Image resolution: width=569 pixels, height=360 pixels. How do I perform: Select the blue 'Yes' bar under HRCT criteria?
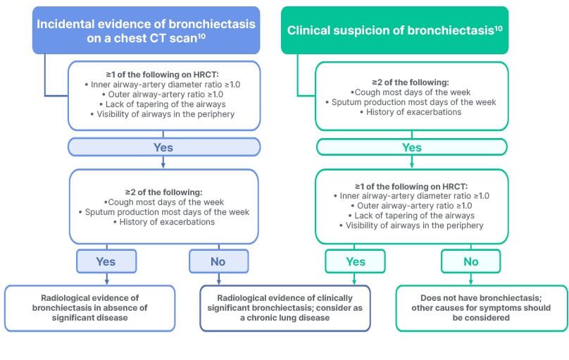pyautogui.click(x=163, y=147)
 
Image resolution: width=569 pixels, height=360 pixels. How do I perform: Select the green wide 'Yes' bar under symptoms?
pyautogui.click(x=411, y=147)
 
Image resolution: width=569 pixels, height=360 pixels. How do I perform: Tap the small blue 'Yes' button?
pyautogui.click(x=106, y=261)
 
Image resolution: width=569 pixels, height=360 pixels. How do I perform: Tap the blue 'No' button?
pyautogui.click(x=218, y=261)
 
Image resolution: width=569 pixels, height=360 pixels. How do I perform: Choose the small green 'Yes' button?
pyautogui.click(x=356, y=261)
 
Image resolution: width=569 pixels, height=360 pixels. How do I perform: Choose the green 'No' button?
pyautogui.click(x=470, y=261)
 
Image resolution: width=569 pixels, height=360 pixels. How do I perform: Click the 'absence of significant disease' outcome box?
pyautogui.click(x=89, y=308)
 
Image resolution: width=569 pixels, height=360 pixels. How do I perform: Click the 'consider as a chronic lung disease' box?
pyautogui.click(x=285, y=308)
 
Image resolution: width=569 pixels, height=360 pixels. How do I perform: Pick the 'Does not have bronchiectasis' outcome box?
pyautogui.click(x=481, y=308)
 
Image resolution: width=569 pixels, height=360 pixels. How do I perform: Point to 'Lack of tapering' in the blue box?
pyautogui.click(x=163, y=104)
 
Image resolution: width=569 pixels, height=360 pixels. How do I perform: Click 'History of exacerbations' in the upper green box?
pyautogui.click(x=411, y=112)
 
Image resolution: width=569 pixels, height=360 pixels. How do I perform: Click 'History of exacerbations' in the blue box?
pyautogui.click(x=163, y=222)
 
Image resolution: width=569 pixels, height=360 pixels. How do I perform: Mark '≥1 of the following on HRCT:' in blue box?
pyautogui.click(x=163, y=74)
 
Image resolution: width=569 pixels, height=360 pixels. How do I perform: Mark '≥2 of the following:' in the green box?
pyautogui.click(x=411, y=82)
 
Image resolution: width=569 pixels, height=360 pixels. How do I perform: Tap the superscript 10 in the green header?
pyautogui.click(x=498, y=26)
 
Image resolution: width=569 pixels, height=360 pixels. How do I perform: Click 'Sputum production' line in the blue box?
pyautogui.click(x=163, y=211)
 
